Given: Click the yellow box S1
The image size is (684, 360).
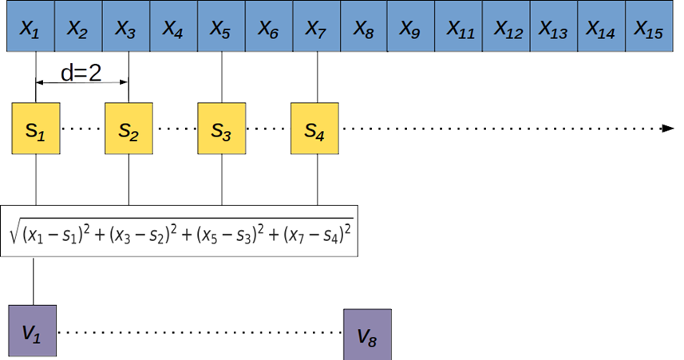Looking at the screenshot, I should (35, 129).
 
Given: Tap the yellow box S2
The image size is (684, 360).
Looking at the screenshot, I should (128, 129).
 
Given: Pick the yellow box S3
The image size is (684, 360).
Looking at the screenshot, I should (221, 129).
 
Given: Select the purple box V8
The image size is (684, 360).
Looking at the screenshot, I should (367, 334).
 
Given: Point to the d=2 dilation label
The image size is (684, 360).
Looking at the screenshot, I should (81, 74).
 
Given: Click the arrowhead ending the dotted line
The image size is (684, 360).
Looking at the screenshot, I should (669, 129).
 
